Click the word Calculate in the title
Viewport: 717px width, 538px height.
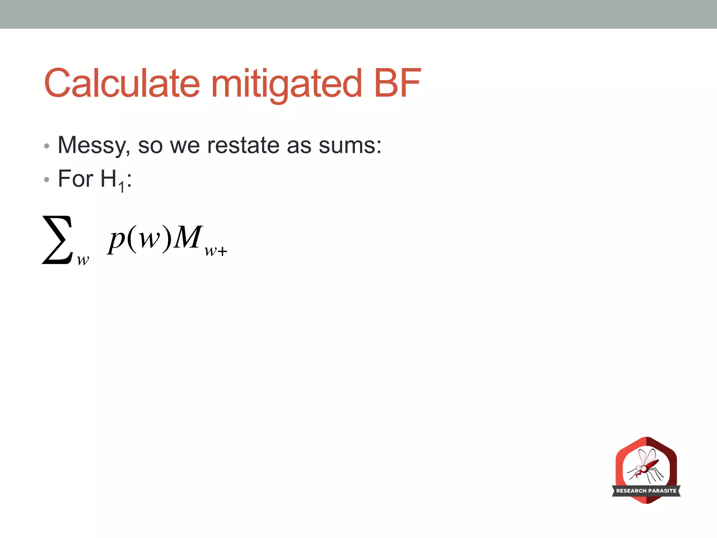[x=122, y=83]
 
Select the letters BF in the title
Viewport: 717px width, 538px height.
[x=397, y=83]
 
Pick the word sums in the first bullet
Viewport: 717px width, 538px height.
[x=350, y=145]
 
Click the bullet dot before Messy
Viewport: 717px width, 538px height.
[x=47, y=146]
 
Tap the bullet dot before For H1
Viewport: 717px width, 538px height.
[x=47, y=180]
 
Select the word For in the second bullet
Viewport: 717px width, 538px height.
[x=76, y=179]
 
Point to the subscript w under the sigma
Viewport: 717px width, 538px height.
[x=83, y=260]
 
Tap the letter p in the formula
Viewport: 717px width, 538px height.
[x=117, y=240]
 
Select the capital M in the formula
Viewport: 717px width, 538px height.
[x=188, y=237]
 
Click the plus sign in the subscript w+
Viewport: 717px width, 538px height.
[x=222, y=251]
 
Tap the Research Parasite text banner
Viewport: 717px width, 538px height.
[x=646, y=491]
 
